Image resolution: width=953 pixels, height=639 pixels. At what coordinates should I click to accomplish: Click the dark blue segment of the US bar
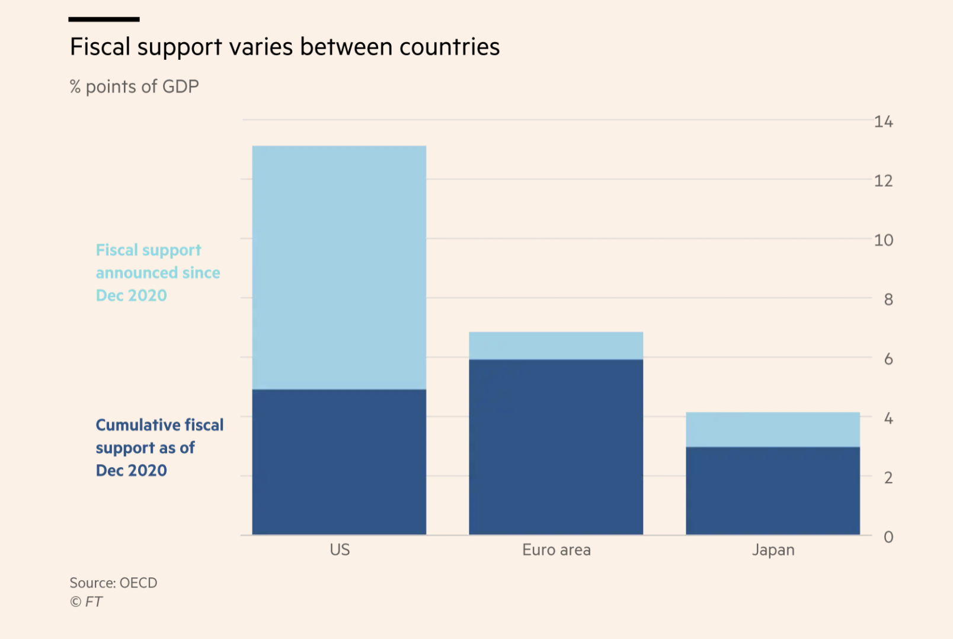(339, 462)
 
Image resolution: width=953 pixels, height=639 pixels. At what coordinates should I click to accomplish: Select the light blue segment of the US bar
(339, 267)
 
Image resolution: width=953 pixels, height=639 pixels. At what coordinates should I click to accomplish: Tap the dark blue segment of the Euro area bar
(556, 447)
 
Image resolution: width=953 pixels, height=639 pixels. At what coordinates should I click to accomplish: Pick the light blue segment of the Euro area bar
(556, 346)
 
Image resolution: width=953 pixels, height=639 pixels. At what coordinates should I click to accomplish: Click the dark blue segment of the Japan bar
(773, 491)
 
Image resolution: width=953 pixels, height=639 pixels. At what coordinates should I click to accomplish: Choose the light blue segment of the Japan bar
(773, 429)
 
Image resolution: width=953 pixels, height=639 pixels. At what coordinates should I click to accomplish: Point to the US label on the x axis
(340, 550)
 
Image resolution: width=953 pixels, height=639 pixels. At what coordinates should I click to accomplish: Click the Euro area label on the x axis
(557, 550)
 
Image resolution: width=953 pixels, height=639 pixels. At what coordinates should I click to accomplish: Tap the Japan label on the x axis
(773, 550)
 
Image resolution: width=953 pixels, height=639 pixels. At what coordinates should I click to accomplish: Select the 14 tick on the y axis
(883, 122)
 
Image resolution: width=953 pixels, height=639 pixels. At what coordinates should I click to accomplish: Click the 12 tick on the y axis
(883, 181)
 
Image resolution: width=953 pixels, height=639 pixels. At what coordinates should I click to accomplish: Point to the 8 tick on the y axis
(888, 299)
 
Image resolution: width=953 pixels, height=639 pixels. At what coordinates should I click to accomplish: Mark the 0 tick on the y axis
(888, 537)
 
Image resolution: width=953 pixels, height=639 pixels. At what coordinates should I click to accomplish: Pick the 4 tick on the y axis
(888, 418)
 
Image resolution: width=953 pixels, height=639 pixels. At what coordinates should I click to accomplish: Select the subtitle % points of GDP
(134, 87)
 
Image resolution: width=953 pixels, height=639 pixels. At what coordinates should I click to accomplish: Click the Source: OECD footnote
(113, 583)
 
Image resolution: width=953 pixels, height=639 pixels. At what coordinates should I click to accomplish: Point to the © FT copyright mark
(87, 602)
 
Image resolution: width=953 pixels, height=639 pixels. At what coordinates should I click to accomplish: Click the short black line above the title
(104, 20)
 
